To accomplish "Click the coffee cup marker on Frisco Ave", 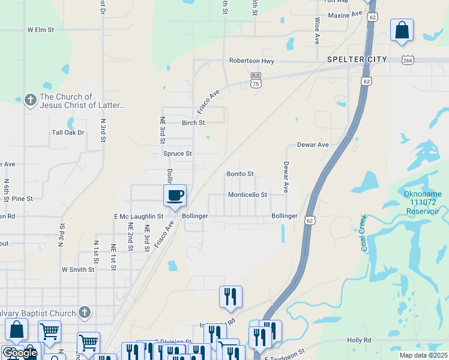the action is pyautogui.click(x=175, y=196).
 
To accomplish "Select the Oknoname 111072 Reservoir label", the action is pyautogui.click(x=422, y=203).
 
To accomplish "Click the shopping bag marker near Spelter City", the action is pyautogui.click(x=401, y=30).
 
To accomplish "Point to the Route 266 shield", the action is pyautogui.click(x=408, y=60).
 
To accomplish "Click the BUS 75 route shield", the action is pyautogui.click(x=256, y=80).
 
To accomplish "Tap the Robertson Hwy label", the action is pyautogui.click(x=252, y=61).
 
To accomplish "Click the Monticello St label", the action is pyautogui.click(x=247, y=195).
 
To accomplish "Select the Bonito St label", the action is pyautogui.click(x=240, y=174).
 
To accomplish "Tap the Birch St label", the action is pyautogui.click(x=193, y=122).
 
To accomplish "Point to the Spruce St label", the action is pyautogui.click(x=177, y=154).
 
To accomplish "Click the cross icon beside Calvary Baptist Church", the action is pyautogui.click(x=85, y=313).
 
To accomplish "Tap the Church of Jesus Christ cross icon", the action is pyautogui.click(x=31, y=100).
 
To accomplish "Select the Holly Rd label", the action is pyautogui.click(x=359, y=340).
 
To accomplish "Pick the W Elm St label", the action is pyautogui.click(x=41, y=29).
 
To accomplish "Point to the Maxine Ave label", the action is pyautogui.click(x=345, y=13).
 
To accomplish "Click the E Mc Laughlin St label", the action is pyautogui.click(x=139, y=216).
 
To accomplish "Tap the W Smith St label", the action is pyautogui.click(x=78, y=270).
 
